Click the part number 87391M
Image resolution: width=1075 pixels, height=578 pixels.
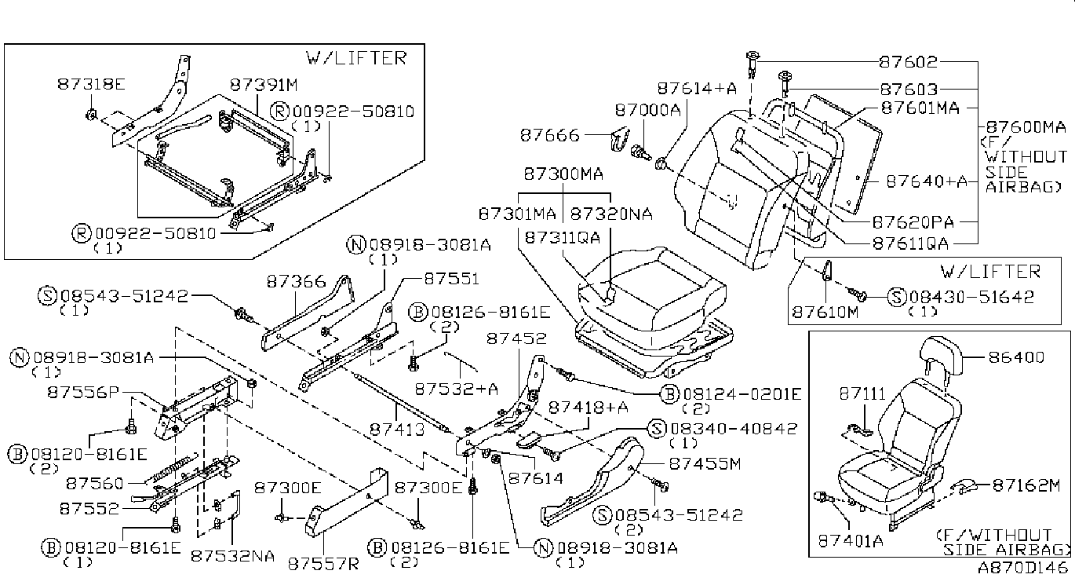[264, 85]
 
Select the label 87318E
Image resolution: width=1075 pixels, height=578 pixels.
[91, 84]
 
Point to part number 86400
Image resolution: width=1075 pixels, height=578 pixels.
[1016, 357]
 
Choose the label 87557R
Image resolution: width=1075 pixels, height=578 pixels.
[323, 564]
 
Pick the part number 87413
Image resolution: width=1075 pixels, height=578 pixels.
[397, 429]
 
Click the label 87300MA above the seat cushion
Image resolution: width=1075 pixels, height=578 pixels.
[563, 174]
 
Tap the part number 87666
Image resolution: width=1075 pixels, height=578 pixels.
[550, 135]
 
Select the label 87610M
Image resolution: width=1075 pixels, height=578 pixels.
[825, 313]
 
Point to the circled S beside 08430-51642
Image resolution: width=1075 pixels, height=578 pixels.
[897, 297]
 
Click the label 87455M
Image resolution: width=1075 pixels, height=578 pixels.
[705, 463]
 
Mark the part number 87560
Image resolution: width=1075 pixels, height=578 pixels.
[94, 483]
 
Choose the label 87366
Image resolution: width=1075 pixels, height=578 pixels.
[296, 282]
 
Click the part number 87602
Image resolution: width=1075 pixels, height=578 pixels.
[909, 62]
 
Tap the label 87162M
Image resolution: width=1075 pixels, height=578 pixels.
[1026, 486]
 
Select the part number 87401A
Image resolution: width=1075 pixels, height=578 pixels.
[851, 542]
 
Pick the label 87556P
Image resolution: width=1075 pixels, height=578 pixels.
[82, 393]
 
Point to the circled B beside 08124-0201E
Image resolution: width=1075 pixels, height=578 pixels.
[670, 394]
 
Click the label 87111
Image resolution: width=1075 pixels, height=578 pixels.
[862, 394]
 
